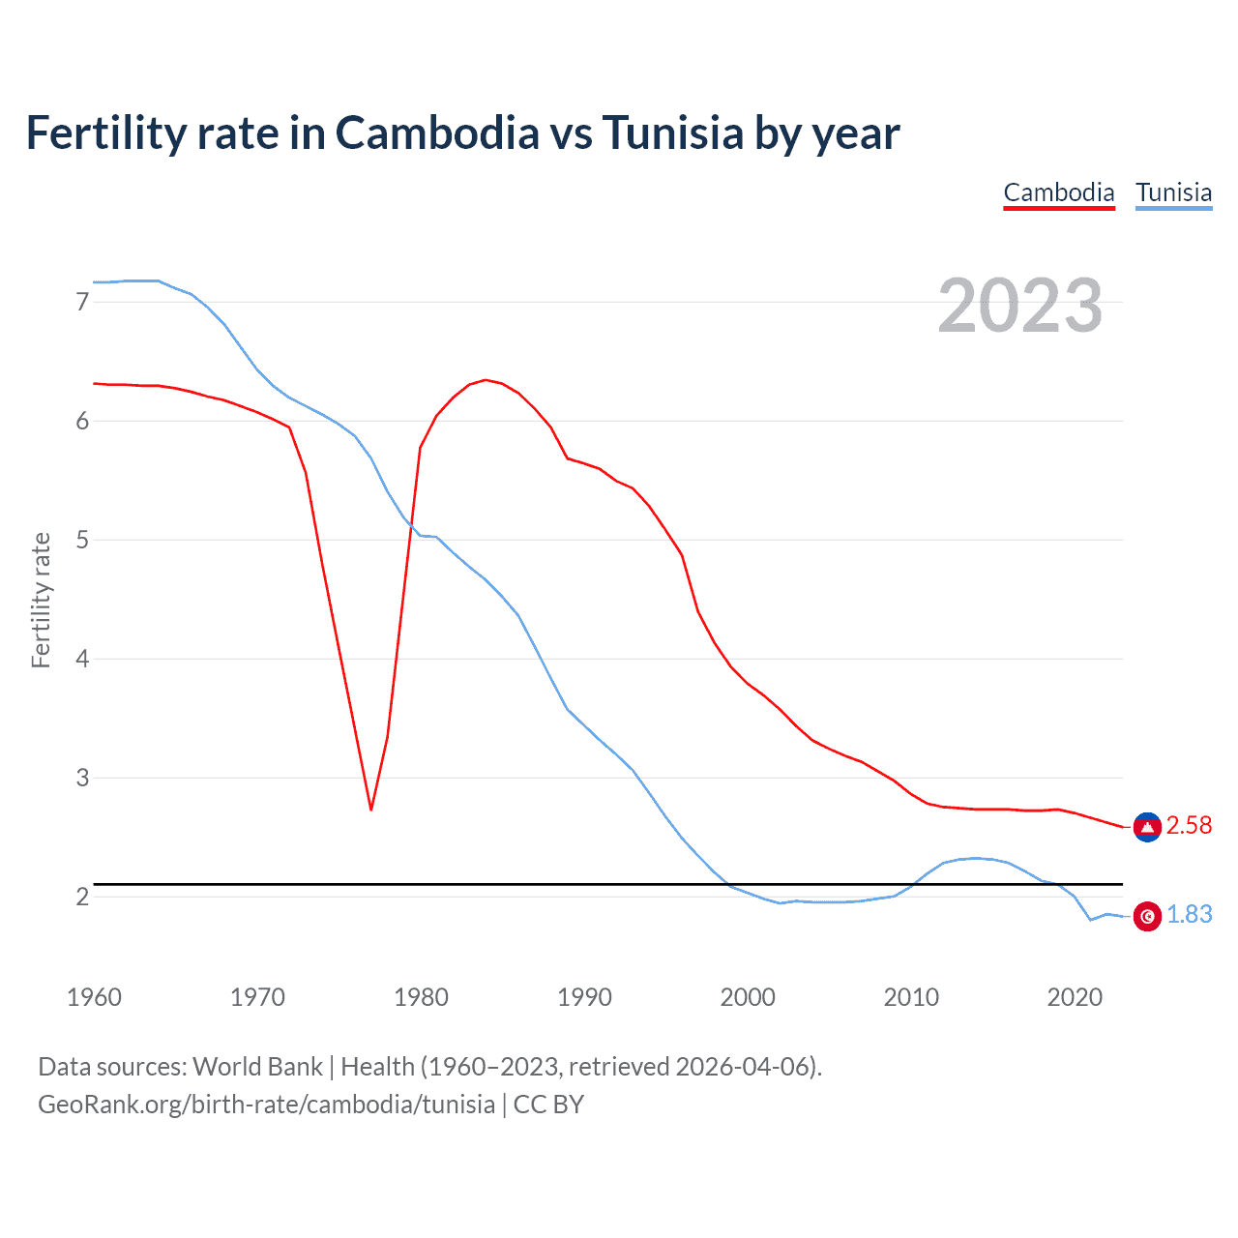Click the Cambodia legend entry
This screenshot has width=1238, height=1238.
1059,192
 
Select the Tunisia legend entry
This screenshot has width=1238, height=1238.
1173,192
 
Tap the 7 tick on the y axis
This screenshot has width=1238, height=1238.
82,302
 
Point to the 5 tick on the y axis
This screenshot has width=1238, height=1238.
82,540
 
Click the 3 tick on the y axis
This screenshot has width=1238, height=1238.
82,778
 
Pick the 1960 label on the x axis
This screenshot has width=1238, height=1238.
94,997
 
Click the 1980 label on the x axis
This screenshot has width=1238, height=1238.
421,997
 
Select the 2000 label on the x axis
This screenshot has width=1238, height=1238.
748,997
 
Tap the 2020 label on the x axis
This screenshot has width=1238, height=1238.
1075,997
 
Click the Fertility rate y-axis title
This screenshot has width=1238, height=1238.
41,600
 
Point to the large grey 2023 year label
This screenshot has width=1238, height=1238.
1020,306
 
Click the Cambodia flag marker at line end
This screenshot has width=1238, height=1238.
1147,827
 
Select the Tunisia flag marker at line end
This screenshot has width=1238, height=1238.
1147,916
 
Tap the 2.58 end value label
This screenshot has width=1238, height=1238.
1189,825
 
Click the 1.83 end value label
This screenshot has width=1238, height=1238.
1189,914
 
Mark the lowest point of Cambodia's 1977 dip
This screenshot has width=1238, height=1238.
370,809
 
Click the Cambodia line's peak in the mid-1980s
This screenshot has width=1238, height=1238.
486,380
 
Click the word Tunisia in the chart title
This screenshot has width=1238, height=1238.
673,133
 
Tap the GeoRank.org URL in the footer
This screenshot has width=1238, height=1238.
266,1105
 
